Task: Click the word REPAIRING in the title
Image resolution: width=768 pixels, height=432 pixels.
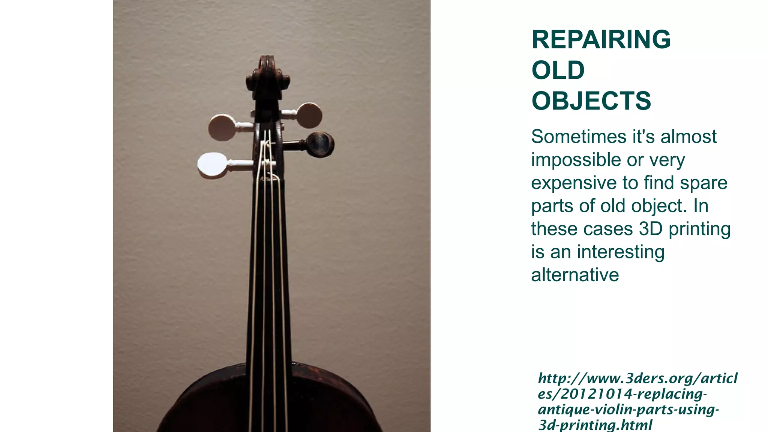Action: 601,39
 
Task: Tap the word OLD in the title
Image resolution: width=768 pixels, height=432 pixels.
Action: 558,70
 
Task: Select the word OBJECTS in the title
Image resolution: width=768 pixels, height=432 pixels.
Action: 591,101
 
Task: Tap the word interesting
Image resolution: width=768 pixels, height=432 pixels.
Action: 621,252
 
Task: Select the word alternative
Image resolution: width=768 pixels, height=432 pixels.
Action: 575,275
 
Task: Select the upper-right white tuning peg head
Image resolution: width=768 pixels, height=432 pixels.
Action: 309,114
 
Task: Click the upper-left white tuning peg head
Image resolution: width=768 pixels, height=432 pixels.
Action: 222,127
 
